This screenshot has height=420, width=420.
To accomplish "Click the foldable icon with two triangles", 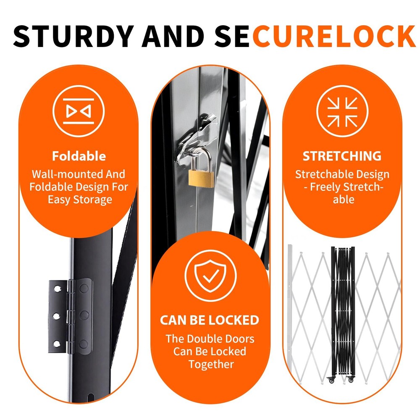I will click(x=79, y=111).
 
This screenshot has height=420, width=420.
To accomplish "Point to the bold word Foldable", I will click(x=79, y=156).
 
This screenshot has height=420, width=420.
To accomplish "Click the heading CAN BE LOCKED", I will click(x=210, y=320).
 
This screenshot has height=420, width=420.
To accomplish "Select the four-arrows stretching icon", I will click(x=342, y=111).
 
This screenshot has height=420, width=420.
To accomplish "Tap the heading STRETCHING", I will click(x=342, y=156).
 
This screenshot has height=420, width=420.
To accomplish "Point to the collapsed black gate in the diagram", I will click(x=343, y=311).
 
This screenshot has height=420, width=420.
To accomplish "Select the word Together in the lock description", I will click(x=210, y=364).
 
